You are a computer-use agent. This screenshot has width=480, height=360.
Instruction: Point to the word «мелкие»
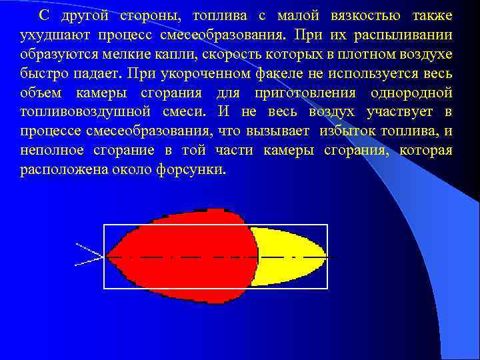pos(129,53)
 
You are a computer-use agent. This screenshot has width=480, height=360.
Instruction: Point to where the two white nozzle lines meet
pos(106,256)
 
